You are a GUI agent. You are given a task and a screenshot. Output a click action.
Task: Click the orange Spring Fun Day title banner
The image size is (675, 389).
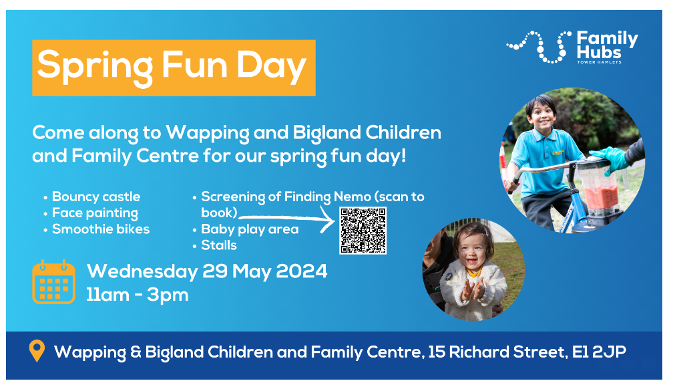click(x=174, y=68)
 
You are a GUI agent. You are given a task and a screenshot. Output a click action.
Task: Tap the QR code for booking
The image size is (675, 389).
click(x=363, y=231)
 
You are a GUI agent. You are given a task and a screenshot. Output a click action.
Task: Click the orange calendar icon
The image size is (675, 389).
click(x=54, y=282)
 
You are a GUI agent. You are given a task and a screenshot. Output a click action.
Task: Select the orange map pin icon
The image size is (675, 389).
click(x=37, y=351)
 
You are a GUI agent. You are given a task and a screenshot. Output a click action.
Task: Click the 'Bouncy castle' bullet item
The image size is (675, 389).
click(x=96, y=197)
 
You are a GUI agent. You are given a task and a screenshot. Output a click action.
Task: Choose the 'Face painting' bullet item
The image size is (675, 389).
click(x=95, y=213)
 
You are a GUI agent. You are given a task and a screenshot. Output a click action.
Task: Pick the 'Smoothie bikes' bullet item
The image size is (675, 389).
click(x=101, y=229)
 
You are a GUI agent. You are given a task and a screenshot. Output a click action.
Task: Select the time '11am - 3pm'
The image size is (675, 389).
click(x=138, y=295)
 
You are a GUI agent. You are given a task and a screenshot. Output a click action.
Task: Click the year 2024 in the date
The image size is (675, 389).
click(x=301, y=271)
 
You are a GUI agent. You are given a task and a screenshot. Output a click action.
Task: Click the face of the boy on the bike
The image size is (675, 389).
click(x=542, y=114)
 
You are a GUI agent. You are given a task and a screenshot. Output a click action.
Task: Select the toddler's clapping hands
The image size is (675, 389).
click(x=473, y=288)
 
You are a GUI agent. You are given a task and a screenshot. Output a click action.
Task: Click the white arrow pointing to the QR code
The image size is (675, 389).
click(x=287, y=218)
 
